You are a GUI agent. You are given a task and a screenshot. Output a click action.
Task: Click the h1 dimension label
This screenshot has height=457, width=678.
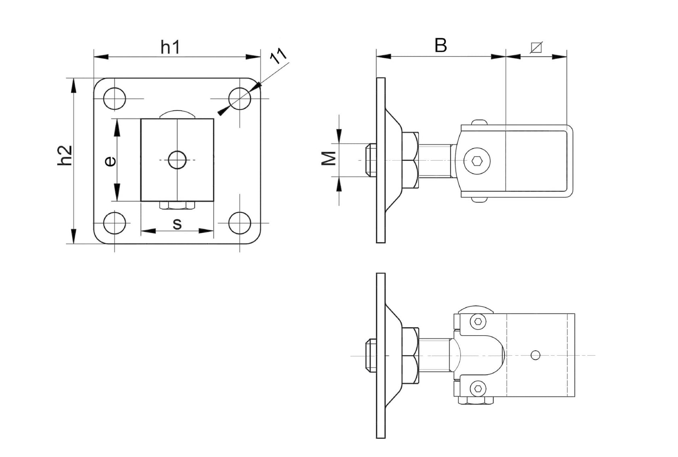(x=170, y=47)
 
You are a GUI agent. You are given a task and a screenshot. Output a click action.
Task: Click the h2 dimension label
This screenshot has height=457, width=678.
(x=65, y=155)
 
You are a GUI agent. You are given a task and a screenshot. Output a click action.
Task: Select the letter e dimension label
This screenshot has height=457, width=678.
(x=110, y=161)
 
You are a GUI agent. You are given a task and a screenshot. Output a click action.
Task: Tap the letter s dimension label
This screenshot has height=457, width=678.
(x=177, y=224)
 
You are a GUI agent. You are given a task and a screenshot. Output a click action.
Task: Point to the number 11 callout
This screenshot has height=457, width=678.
(x=278, y=56)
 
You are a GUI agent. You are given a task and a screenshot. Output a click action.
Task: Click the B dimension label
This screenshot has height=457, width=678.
(x=440, y=46)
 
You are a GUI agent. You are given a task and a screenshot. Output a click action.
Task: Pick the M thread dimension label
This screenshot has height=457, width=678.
(x=329, y=158)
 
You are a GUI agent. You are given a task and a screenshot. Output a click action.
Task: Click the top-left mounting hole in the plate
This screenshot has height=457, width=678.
(x=115, y=98)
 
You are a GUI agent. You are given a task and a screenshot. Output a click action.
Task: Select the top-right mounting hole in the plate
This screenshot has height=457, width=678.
(x=240, y=98)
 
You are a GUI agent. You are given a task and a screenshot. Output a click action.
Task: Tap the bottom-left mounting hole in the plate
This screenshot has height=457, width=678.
(x=115, y=223)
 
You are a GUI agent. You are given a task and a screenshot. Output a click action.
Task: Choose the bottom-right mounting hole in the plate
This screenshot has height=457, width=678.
(x=240, y=223)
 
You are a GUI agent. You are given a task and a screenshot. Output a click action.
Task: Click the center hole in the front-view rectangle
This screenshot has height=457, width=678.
(x=177, y=160)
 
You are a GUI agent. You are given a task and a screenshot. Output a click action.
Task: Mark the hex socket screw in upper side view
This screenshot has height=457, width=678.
(x=477, y=161)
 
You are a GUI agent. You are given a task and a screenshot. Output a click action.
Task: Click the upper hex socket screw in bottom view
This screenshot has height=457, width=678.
(x=478, y=321)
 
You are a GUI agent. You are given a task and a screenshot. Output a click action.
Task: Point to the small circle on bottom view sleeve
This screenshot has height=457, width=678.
(x=536, y=355)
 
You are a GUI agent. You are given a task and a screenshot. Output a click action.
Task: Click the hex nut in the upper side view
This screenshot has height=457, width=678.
(x=411, y=160)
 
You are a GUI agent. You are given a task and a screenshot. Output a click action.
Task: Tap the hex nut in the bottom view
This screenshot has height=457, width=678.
(x=411, y=355)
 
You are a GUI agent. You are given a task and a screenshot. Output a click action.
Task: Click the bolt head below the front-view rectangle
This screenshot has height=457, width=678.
(x=177, y=205)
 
